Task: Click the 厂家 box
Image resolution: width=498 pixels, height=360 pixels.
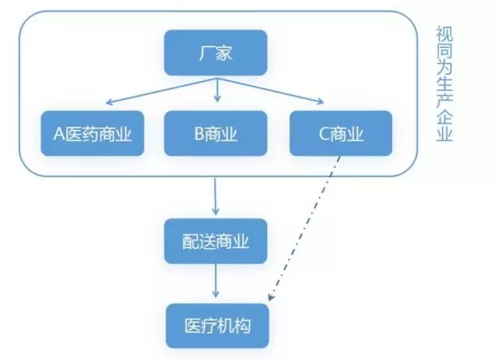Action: pos(216,53)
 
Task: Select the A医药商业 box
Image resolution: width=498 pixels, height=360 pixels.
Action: pos(93,133)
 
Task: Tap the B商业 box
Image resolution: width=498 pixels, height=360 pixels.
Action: pos(216,133)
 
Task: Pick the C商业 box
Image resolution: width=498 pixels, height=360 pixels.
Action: pos(341,133)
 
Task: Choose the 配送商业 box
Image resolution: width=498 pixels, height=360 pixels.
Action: pos(216,242)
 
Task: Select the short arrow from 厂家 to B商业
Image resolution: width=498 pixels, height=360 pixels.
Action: pos(217,92)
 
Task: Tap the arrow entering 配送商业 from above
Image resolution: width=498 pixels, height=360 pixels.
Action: pos(216,196)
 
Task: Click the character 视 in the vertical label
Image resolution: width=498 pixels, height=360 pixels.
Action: pos(444,33)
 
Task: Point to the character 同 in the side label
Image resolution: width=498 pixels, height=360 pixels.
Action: pos(444,54)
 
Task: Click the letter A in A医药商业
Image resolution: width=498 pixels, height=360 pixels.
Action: pos(58,133)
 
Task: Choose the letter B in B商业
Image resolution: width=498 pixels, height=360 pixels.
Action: pos(199,133)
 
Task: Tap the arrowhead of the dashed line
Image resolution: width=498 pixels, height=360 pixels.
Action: pos(271,297)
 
